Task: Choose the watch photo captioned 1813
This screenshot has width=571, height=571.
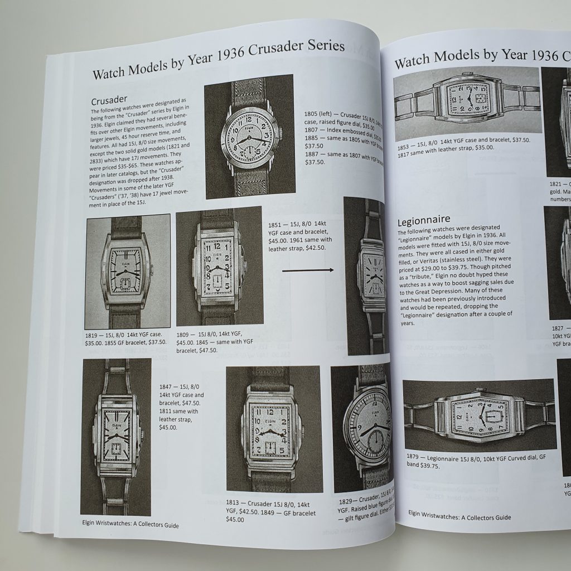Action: [x=274, y=429]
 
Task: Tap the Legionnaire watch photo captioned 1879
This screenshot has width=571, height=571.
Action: [x=479, y=416]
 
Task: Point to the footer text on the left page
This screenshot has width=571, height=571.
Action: [x=130, y=525]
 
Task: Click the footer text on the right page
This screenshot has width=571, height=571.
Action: [x=459, y=517]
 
